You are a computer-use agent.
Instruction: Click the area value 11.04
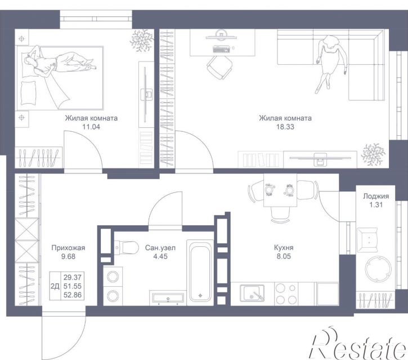tap(91, 127)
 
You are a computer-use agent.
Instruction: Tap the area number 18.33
tap(285, 127)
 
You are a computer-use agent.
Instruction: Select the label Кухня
tap(284, 247)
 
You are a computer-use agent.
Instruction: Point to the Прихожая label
tap(68, 248)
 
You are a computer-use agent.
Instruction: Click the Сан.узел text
tap(160, 248)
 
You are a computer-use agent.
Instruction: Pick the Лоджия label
tap(376, 196)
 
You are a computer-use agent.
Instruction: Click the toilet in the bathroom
tap(127, 247)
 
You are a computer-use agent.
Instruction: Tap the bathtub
tap(200, 272)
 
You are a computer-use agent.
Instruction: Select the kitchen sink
tap(252, 292)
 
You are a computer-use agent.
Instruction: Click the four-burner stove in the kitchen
tap(286, 294)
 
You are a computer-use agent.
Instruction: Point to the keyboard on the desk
tap(221, 48)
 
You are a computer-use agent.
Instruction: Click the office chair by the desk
tap(219, 67)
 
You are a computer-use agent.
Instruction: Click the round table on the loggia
tap(378, 268)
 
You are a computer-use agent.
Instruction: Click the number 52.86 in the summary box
tap(73, 295)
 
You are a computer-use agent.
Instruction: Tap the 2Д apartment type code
tap(55, 286)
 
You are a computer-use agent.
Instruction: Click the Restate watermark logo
tap(358, 343)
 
